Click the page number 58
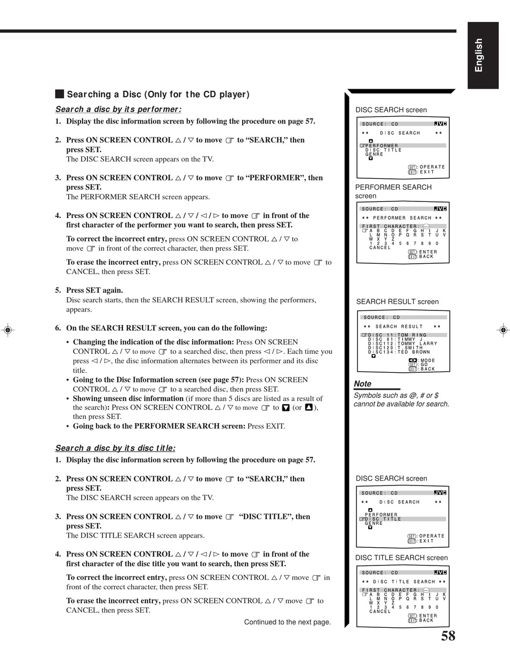click(x=448, y=636)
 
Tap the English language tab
click(x=483, y=55)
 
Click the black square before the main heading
click(x=60, y=94)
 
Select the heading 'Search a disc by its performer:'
click(x=118, y=110)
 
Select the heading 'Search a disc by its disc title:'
click(x=115, y=448)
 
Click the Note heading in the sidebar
click(x=362, y=383)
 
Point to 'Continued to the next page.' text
click(x=288, y=622)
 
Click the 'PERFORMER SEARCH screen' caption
click(x=394, y=191)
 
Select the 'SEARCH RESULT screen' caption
click(x=397, y=302)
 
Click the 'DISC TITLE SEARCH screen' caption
click(x=402, y=557)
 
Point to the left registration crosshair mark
click(x=8, y=330)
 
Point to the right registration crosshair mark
click(x=503, y=330)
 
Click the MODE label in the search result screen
click(x=428, y=360)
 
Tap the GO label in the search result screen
click(x=424, y=365)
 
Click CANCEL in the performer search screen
click(x=380, y=248)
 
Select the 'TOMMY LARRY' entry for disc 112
click(x=418, y=344)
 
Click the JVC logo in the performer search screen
click(x=440, y=209)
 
